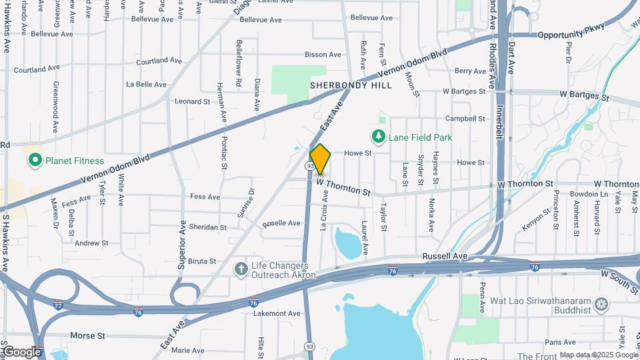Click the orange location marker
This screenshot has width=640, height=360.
pos(320,159)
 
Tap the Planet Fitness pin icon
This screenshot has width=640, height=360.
pos(35,161)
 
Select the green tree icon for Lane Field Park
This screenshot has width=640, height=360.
pos(379,137)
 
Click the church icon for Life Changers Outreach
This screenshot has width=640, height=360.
pos(241,269)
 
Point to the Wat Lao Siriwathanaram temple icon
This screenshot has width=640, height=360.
pos(602,305)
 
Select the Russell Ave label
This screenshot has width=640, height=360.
pos(443,256)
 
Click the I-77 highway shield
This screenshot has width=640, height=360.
pos(59,305)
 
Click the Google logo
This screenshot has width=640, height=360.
pos(22,352)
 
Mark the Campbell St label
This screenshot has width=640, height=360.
pos(465,119)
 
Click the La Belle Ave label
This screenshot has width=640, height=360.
pos(146,85)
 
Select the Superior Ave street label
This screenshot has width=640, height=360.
pos(181,243)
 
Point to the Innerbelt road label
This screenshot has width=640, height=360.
pos(499,124)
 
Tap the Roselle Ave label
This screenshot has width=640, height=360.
pos(281,223)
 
